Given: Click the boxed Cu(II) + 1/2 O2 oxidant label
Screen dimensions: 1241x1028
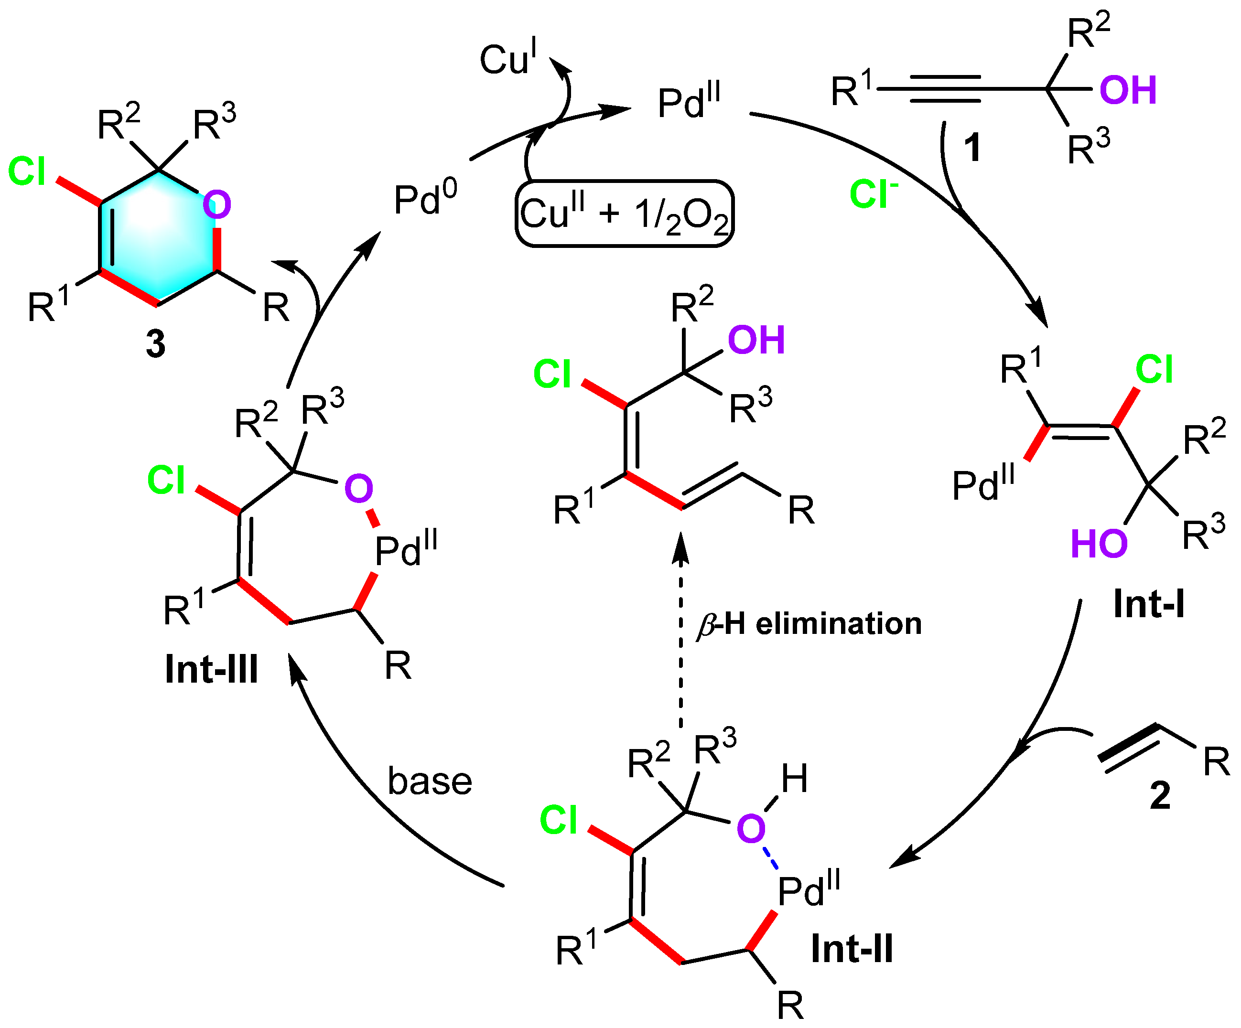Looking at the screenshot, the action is point(625,213).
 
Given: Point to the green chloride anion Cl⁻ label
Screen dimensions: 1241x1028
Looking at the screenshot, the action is point(874,193).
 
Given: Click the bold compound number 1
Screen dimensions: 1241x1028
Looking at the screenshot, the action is point(972,147).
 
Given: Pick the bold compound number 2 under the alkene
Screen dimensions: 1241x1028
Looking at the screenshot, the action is point(1160,794).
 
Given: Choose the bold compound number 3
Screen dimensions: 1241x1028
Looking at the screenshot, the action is point(155,343).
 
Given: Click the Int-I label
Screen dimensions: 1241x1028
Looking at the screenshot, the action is point(1149,603).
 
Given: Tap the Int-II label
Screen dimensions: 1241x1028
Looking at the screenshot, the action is point(852,948).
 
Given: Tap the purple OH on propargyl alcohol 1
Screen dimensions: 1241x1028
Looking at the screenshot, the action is point(1128,90).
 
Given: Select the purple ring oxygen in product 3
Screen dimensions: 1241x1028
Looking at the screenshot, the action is point(217,204).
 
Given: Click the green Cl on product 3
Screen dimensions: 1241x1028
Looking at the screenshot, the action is point(27,171).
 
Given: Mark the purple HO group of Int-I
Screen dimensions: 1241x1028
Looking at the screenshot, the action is point(1099,544).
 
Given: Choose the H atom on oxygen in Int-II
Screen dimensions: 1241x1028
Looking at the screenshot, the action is point(794,778).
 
